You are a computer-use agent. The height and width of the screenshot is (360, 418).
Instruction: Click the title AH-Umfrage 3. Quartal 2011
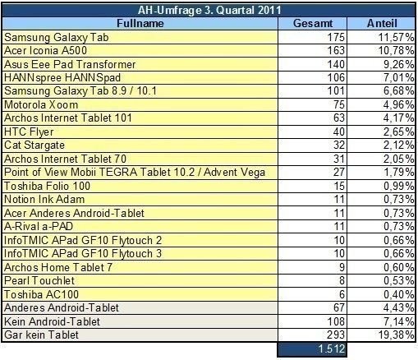[x=209, y=11]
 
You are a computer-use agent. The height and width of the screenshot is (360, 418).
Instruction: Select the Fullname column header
[x=140, y=23]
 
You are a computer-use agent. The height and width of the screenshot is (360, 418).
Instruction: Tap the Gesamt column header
[x=313, y=23]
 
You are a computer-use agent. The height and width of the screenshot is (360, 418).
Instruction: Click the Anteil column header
[x=382, y=23]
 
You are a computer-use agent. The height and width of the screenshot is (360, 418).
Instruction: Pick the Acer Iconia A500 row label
[x=45, y=51]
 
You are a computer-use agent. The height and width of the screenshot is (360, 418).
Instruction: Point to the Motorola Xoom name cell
[x=41, y=105]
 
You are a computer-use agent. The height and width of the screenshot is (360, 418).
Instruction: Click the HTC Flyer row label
[x=29, y=132]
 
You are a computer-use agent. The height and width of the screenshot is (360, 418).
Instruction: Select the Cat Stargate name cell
[x=34, y=145]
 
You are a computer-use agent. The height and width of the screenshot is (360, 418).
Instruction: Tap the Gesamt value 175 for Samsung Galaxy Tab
[x=336, y=37]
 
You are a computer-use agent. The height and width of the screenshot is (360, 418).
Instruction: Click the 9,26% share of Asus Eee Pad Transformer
[x=398, y=64]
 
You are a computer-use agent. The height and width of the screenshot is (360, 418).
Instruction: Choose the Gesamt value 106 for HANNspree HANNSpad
[x=336, y=78]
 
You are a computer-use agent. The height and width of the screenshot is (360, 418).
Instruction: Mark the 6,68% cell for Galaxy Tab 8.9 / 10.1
[x=398, y=91]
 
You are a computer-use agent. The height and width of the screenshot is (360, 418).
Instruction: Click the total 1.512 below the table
[x=331, y=348]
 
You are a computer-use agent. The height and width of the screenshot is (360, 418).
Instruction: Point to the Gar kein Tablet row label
[x=41, y=335]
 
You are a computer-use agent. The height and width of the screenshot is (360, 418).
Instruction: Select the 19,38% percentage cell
[x=396, y=335]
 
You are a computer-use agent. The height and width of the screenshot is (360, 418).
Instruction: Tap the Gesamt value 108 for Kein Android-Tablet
[x=336, y=321]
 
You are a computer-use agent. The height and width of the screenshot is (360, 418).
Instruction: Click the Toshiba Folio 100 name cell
[x=47, y=186]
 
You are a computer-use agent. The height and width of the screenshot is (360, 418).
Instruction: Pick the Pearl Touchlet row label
[x=39, y=280]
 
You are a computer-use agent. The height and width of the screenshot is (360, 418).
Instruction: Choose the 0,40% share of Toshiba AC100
[x=398, y=294]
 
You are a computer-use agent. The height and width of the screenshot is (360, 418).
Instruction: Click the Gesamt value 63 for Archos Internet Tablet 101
[x=339, y=118]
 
